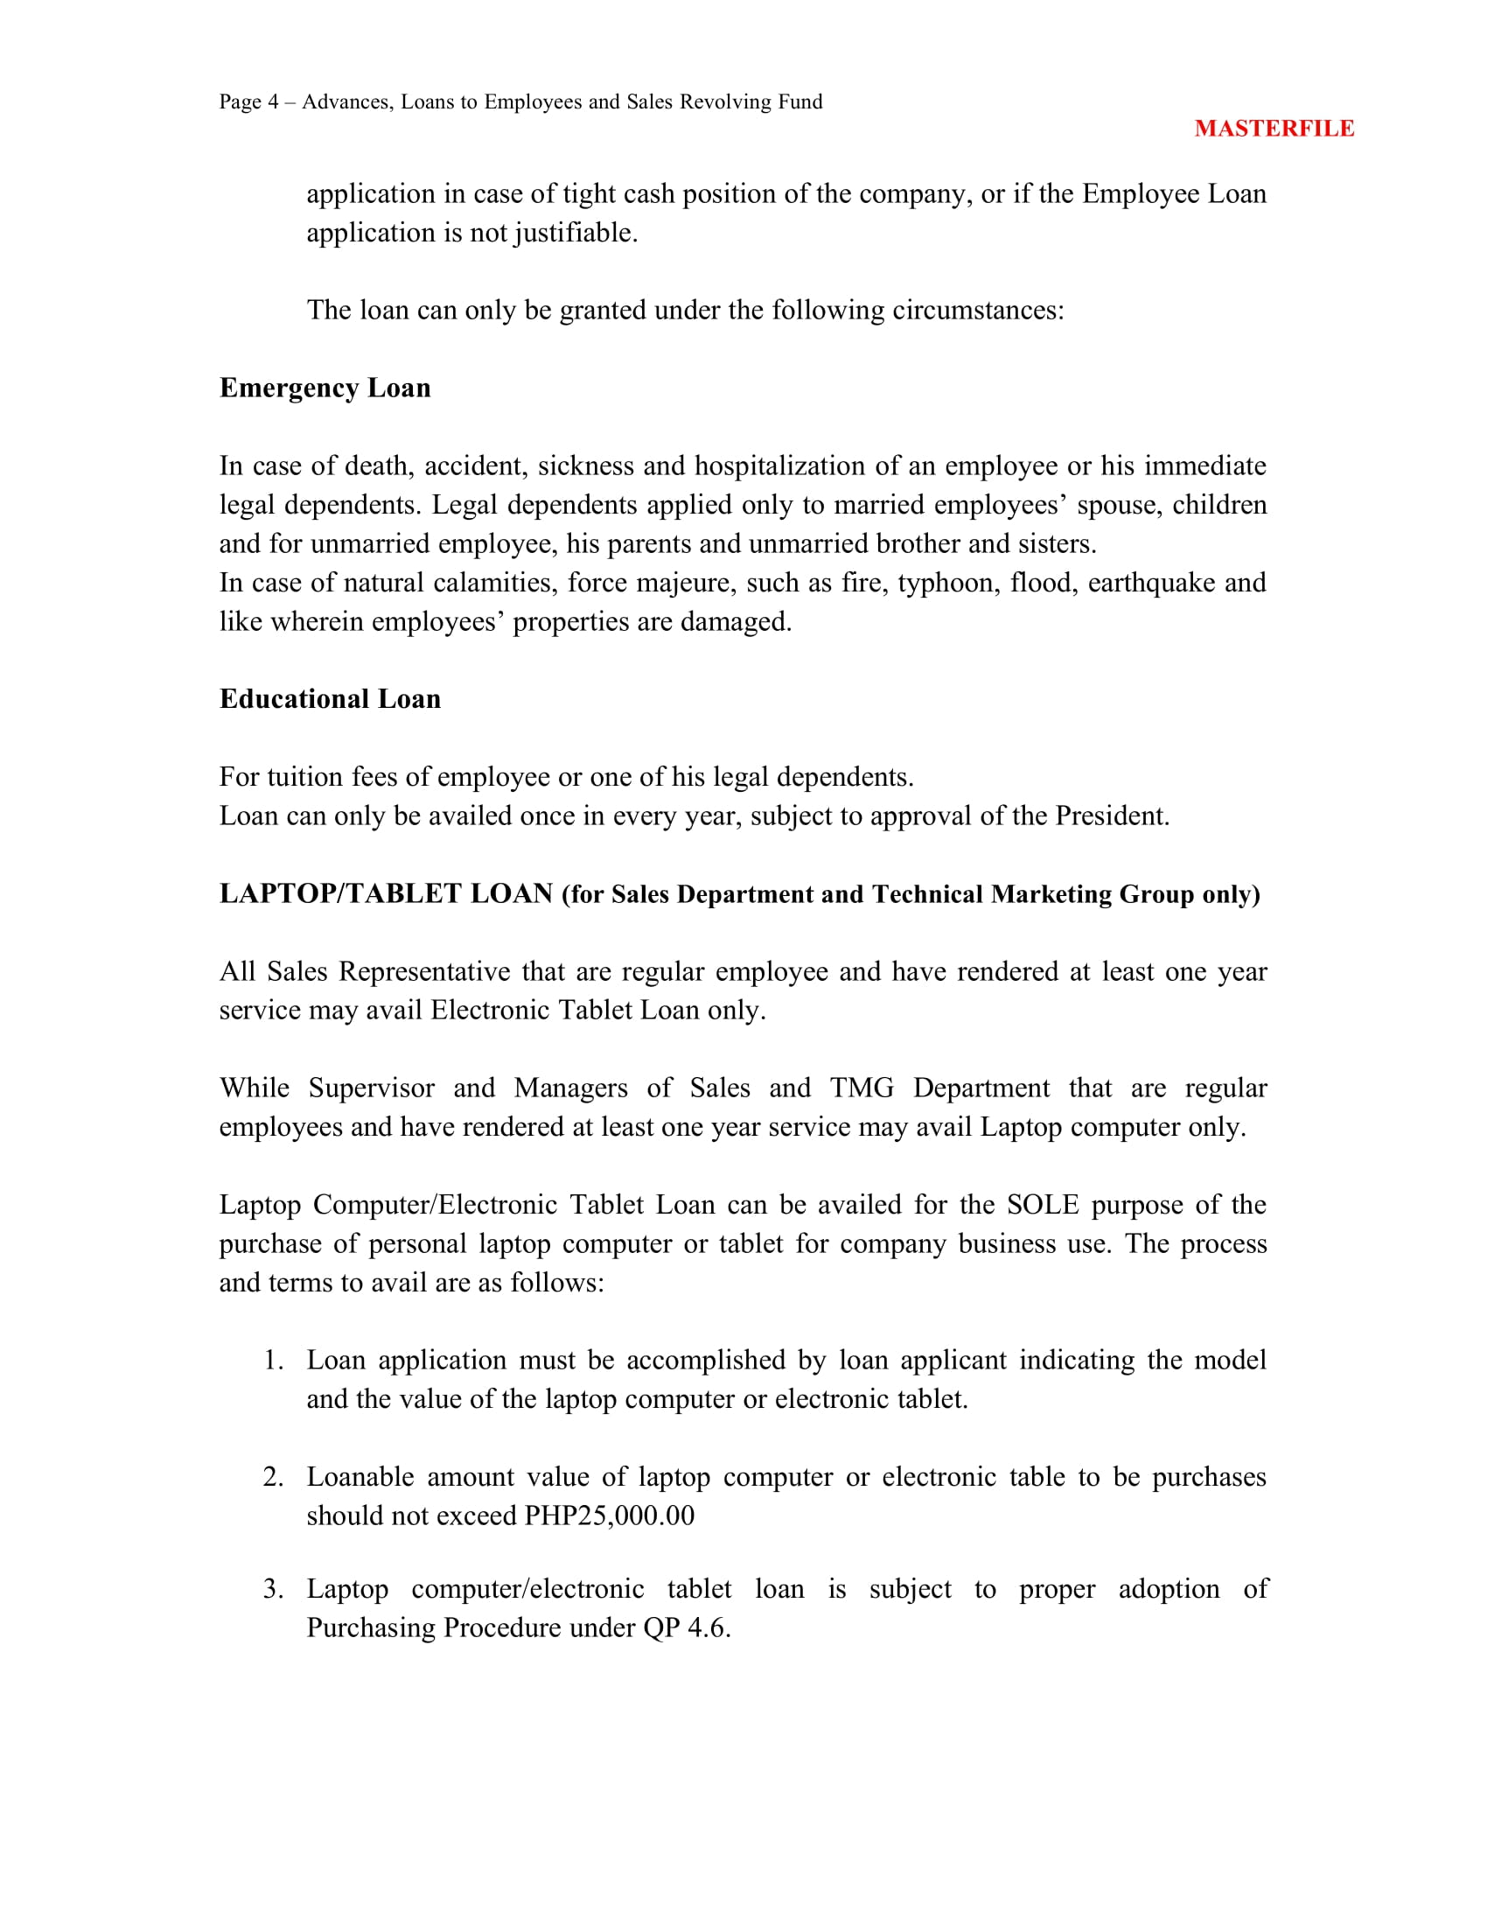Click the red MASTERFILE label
coord(1274,129)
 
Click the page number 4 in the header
coord(273,102)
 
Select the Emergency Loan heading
coord(325,388)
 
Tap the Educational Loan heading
coord(331,699)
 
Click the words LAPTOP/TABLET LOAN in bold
coord(386,893)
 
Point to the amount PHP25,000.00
coord(609,1516)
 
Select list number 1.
coord(273,1360)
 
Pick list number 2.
coord(273,1477)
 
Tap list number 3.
coord(273,1588)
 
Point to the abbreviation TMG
coord(862,1088)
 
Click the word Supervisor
coord(371,1088)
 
